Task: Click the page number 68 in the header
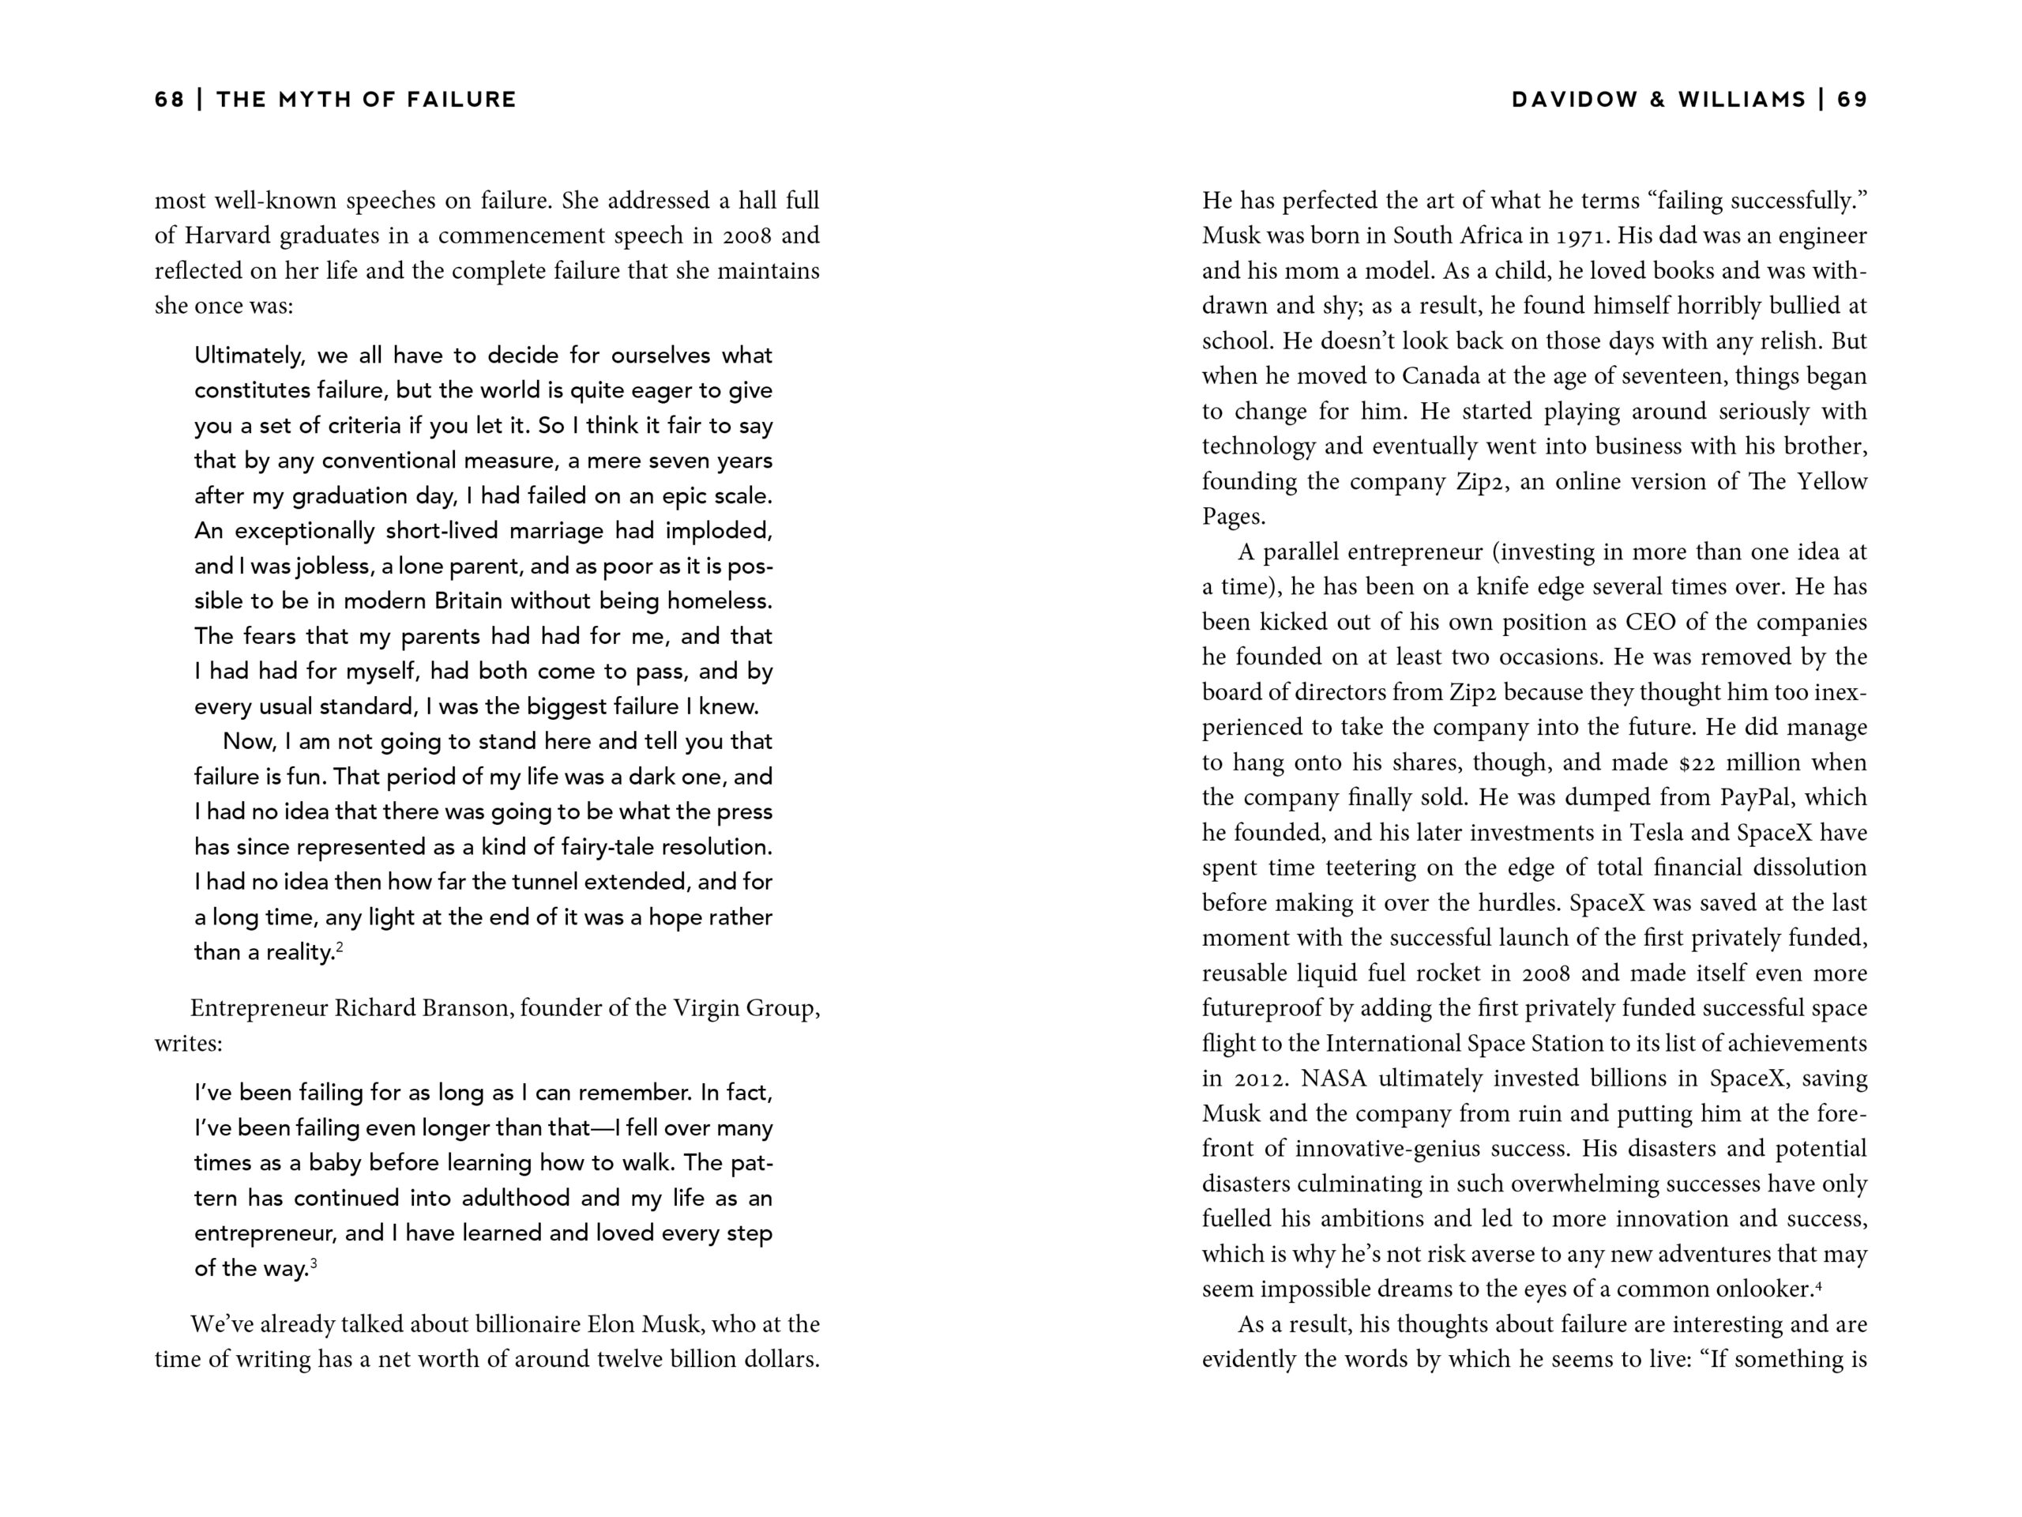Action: (170, 100)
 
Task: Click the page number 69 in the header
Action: (1853, 100)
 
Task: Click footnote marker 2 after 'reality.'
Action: (339, 947)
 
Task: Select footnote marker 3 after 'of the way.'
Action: (314, 1263)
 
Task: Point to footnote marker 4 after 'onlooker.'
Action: (1818, 1284)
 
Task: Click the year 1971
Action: (1580, 236)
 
